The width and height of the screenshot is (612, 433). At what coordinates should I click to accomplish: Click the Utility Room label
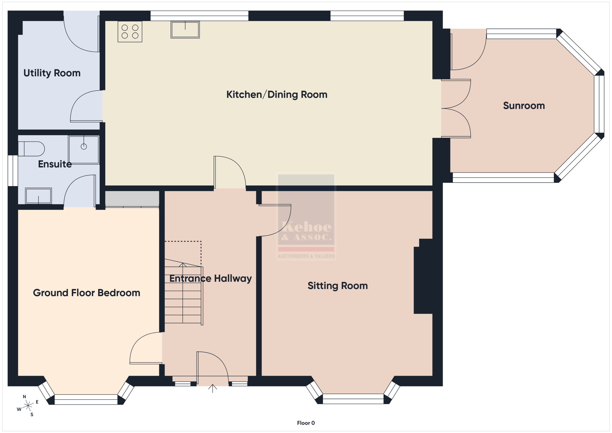pyautogui.click(x=52, y=73)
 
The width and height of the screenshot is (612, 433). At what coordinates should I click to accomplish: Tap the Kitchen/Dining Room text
pyautogui.click(x=277, y=95)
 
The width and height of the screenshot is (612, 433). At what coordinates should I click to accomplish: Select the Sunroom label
pyautogui.click(x=524, y=106)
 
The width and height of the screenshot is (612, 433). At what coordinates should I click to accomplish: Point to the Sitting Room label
pyautogui.click(x=338, y=286)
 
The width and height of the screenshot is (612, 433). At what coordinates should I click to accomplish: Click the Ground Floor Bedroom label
pyautogui.click(x=87, y=293)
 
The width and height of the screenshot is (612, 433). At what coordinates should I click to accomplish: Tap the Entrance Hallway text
pyautogui.click(x=211, y=279)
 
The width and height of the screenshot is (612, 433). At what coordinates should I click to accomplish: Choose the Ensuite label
pyautogui.click(x=55, y=164)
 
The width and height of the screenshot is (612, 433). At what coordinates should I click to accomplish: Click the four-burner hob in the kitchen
pyautogui.click(x=130, y=32)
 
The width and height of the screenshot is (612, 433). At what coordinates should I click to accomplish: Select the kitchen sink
pyautogui.click(x=185, y=30)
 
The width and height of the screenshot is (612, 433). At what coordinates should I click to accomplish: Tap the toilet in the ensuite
pyautogui.click(x=31, y=149)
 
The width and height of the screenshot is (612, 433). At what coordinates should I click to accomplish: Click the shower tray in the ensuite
pyautogui.click(x=84, y=150)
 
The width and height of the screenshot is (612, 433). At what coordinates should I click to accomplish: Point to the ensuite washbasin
pyautogui.click(x=38, y=196)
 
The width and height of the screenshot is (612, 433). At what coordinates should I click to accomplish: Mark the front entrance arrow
pyautogui.click(x=213, y=389)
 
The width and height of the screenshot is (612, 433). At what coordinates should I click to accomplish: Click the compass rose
pyautogui.click(x=28, y=406)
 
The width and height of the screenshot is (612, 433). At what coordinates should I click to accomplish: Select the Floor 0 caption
pyautogui.click(x=306, y=423)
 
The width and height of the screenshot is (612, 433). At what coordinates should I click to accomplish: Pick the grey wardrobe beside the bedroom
pyautogui.click(x=132, y=199)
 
